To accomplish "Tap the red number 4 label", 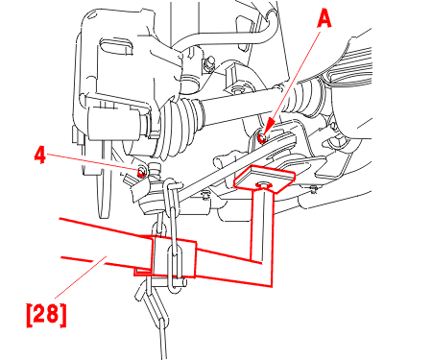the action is (x=40, y=156).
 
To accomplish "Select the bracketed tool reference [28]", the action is (x=46, y=315).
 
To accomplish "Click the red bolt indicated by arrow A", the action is (x=262, y=138).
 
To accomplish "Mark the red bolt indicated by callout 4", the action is (x=141, y=173).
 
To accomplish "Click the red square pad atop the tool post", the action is (x=264, y=179).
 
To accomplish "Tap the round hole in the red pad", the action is (x=263, y=184).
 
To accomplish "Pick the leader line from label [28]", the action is (x=80, y=276).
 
